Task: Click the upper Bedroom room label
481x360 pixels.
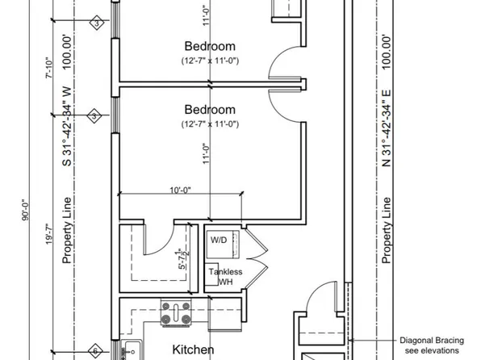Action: (210, 45)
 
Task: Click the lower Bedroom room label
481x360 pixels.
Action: (210, 109)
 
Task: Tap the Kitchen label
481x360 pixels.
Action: (193, 350)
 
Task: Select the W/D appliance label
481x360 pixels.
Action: (220, 241)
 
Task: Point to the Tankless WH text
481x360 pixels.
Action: (226, 277)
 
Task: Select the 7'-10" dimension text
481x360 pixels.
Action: (50, 77)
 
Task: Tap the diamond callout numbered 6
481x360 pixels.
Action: (94, 351)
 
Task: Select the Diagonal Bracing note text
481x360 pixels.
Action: (433, 346)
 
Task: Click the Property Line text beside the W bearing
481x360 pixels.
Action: (69, 230)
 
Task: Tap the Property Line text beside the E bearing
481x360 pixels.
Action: (387, 230)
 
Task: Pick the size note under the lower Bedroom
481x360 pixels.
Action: (210, 123)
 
